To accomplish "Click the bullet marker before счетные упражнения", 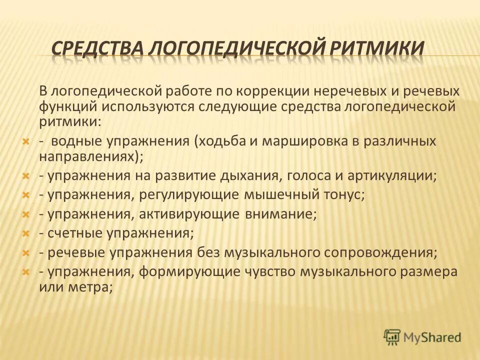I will click(x=27, y=233).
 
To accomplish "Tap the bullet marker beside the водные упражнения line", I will click(x=27, y=141).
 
